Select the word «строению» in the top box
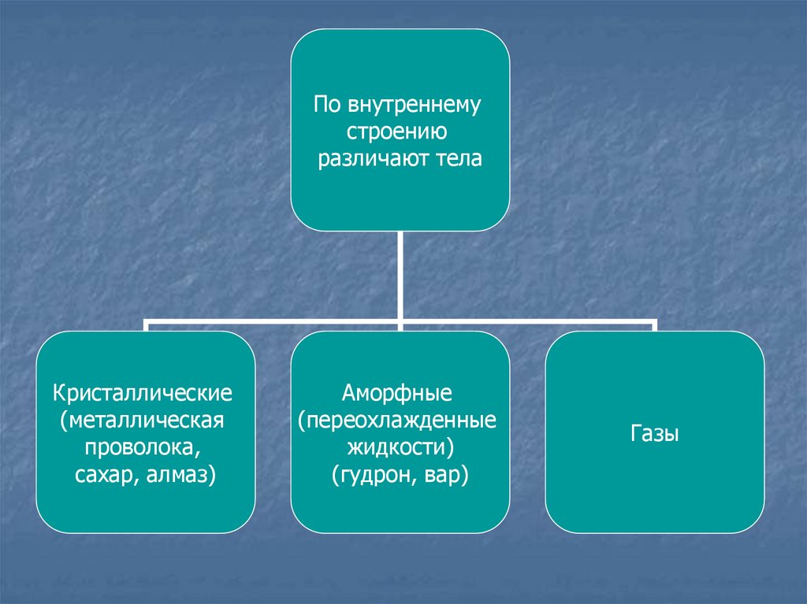400,132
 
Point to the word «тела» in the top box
456,159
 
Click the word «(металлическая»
143,419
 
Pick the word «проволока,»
143,447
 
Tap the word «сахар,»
108,475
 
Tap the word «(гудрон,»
370,475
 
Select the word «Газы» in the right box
655,433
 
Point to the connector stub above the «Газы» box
654,326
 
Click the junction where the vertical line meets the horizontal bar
400,321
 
